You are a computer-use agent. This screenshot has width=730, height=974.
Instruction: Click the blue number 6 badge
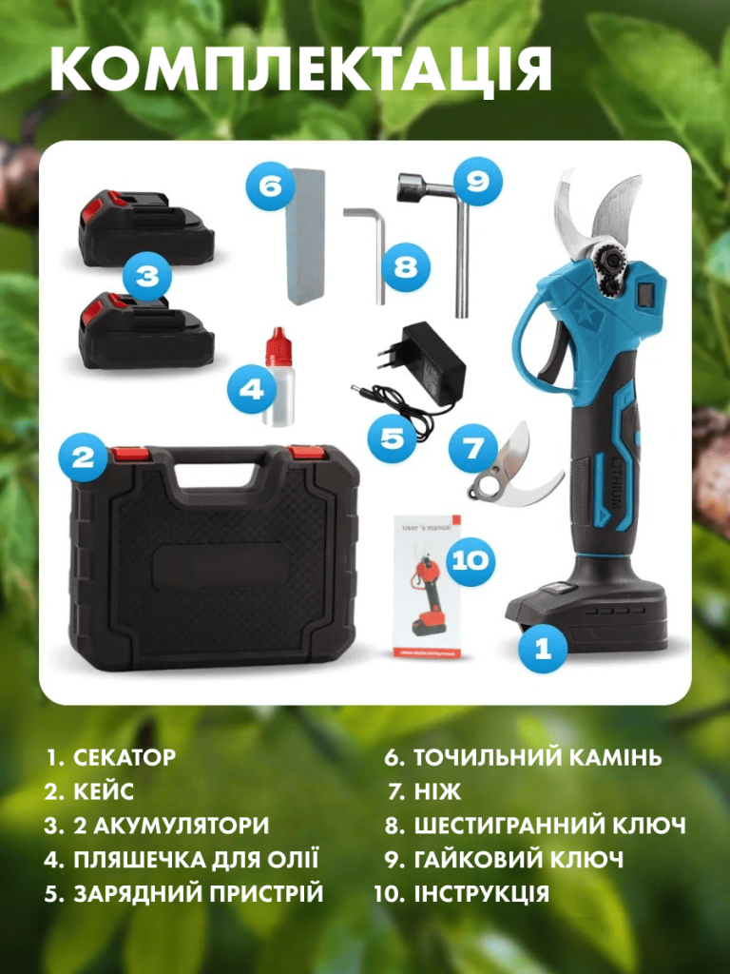[x=270, y=185]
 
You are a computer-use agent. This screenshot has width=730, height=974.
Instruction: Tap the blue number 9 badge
[x=477, y=182]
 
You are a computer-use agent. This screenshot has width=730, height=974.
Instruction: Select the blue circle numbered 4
[x=251, y=389]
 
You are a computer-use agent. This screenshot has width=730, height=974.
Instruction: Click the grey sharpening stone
[x=305, y=235]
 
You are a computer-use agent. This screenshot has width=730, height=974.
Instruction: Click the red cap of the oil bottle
[x=279, y=346]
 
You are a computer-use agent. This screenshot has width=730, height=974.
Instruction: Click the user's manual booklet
[x=428, y=586]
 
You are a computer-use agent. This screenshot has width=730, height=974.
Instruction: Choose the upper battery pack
[x=146, y=228]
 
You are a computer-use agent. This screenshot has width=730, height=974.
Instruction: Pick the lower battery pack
[x=146, y=330]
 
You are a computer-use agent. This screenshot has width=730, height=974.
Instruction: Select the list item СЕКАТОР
[x=125, y=757]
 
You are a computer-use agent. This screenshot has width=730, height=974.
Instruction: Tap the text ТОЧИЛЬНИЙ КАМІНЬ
[x=538, y=757]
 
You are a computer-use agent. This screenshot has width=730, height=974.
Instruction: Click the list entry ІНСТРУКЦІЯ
[x=482, y=893]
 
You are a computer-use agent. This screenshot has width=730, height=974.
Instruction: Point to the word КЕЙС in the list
[x=104, y=791]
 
